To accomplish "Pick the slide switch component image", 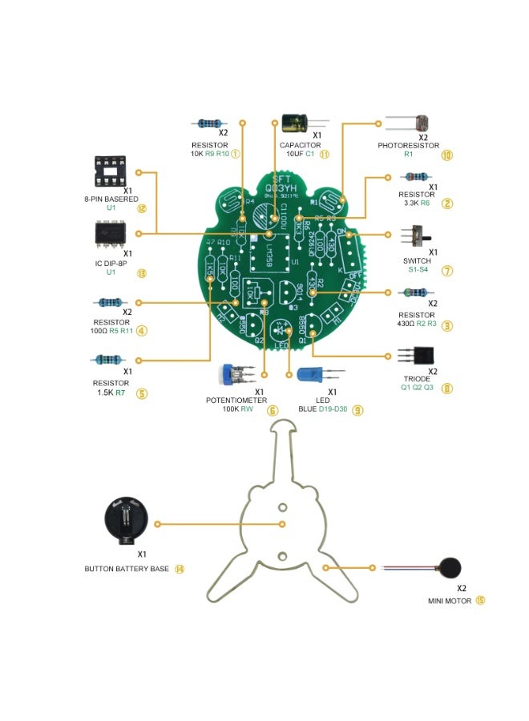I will (x=418, y=237).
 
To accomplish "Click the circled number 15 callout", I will (x=480, y=599).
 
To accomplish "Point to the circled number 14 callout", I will (x=179, y=569).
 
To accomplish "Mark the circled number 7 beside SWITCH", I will (x=447, y=271).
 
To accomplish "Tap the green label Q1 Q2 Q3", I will (x=417, y=388).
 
